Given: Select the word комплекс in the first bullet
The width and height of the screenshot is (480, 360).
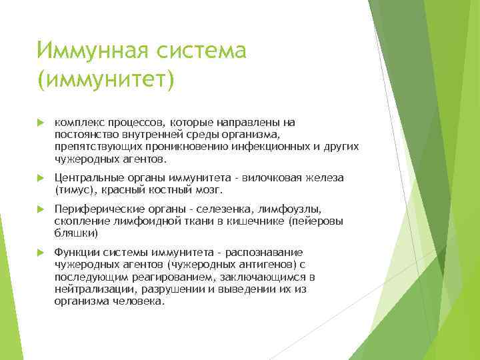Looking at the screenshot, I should (x=79, y=122).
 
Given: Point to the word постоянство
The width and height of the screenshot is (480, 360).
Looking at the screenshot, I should (x=86, y=135).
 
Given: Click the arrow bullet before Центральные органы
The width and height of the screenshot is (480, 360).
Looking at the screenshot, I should (x=39, y=177).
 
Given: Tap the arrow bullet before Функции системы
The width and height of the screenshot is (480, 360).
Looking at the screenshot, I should (x=39, y=253).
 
